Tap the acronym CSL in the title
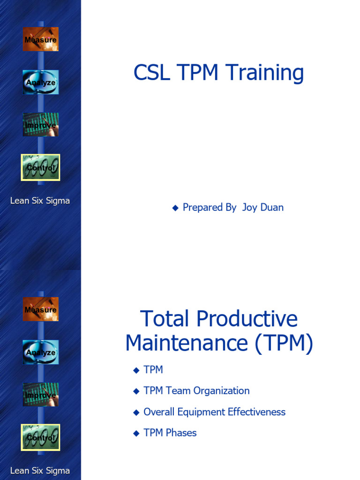tap(151, 73)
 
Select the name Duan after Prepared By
tap(272, 207)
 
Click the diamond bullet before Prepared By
tap(175, 208)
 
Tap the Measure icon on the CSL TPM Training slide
tap(41, 39)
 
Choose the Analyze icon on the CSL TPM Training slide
tap(41, 82)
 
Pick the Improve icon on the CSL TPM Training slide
tap(41, 125)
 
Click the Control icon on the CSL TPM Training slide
tap(41, 167)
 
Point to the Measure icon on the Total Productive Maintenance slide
tap(41, 309)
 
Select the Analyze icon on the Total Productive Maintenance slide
tap(41, 352)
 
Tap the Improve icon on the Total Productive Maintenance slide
tap(41, 395)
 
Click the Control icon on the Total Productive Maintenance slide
tap(41, 437)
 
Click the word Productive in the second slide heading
tap(247, 319)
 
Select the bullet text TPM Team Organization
tap(196, 390)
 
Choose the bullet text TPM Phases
tap(170, 433)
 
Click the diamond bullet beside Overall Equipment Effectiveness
tap(136, 412)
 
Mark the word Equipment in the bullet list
tap(202, 412)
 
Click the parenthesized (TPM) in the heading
tap(284, 344)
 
